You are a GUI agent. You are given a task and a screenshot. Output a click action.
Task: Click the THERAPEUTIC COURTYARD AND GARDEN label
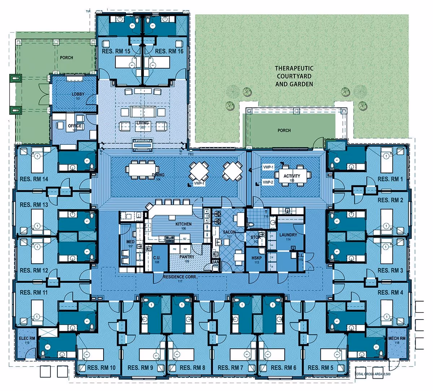coord(294,76)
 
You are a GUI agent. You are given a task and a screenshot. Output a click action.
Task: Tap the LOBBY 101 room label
coord(78,96)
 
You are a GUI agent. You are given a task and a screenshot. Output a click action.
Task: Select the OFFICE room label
coord(75,126)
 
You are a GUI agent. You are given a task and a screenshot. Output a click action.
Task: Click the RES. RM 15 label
coord(116,52)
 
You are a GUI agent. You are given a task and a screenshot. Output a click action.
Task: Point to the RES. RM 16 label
coord(169,52)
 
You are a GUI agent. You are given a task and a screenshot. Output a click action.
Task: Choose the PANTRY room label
coord(187,257)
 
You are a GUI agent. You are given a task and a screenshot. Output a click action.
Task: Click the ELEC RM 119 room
coord(27,341)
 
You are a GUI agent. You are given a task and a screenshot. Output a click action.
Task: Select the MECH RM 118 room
coord(397,340)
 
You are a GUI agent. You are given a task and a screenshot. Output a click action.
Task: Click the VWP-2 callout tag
coord(268,183)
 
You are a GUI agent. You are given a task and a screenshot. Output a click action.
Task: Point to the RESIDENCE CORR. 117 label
coord(177,278)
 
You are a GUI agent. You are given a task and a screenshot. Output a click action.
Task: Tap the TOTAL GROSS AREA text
coord(373,374)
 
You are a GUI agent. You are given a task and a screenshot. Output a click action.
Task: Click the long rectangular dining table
coord(141,169)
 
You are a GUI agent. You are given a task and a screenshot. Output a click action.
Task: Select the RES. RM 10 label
coord(102,368)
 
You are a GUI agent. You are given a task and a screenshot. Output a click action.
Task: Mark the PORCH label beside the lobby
coord(66,58)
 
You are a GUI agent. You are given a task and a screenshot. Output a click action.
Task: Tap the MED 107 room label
coord(130,243)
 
